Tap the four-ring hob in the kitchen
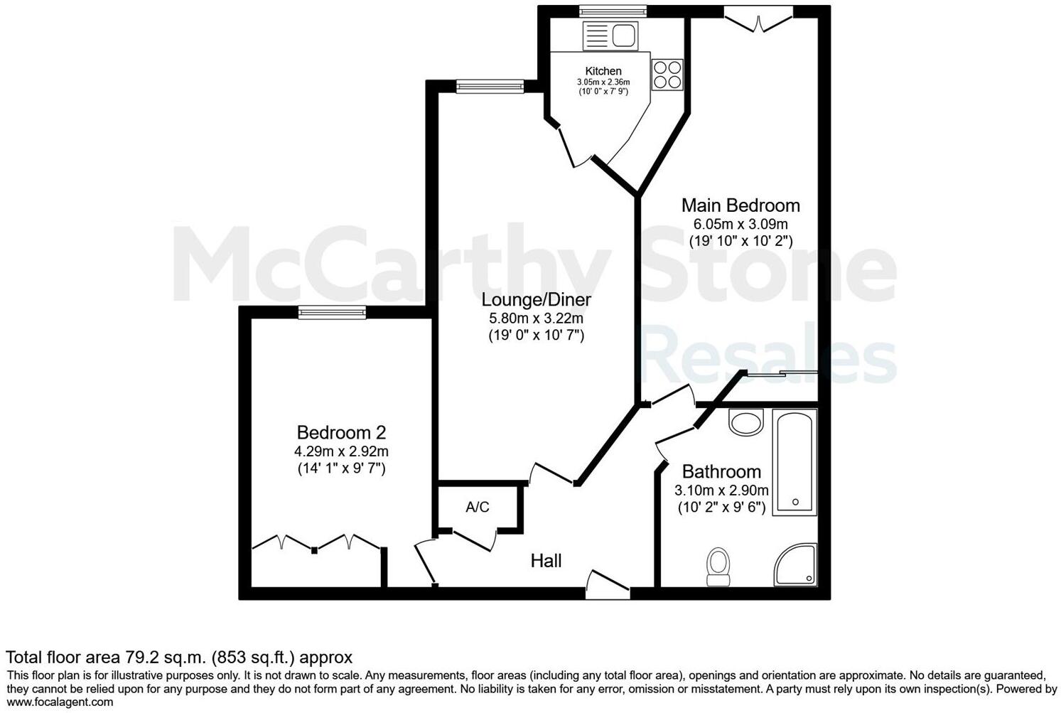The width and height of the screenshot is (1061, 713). point(667,75)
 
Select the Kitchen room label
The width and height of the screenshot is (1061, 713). point(603,71)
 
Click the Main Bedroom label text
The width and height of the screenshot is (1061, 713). point(740,205)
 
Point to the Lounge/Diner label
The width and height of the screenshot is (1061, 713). point(537,299)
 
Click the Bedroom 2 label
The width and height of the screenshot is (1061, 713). point(341,432)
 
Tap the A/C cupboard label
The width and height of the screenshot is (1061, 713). point(478,507)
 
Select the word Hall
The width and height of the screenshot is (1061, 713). point(546,561)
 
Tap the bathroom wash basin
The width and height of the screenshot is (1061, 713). point(745,423)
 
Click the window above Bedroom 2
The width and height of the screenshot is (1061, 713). point(332,312)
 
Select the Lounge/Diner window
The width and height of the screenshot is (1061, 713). point(490,87)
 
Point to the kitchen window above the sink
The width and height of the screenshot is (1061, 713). point(613,11)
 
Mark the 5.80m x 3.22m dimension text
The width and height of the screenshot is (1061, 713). point(536,318)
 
